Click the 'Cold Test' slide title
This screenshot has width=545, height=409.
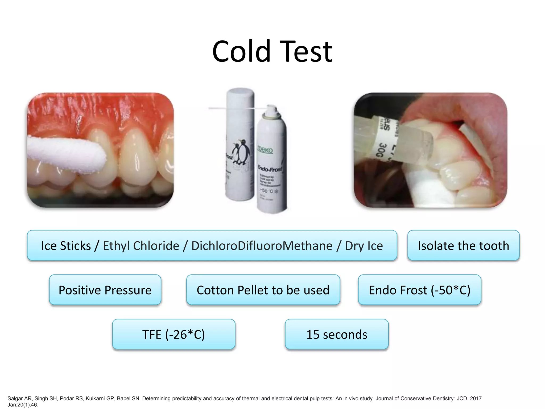[272, 51]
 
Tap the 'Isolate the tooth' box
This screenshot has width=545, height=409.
[463, 246]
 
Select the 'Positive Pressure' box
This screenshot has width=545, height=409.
[105, 290]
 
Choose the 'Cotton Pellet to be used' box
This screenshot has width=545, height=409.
[263, 290]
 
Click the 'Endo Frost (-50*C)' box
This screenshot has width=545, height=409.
[419, 290]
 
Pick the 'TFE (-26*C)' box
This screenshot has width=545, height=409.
[174, 334]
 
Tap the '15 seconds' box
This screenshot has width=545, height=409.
[337, 334]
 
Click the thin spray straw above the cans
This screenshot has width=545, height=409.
[234, 108]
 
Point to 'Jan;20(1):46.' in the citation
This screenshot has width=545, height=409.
[23, 405]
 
